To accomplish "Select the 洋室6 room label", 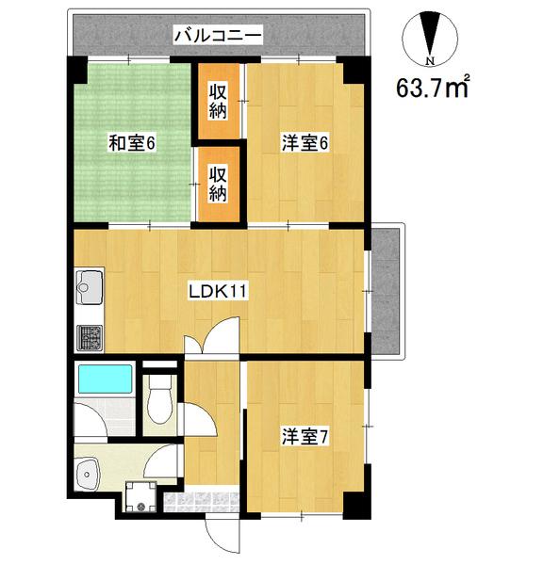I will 303,143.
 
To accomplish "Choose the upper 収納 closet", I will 218,100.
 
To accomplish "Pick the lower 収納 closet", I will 218,185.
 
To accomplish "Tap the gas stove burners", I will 89,336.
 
